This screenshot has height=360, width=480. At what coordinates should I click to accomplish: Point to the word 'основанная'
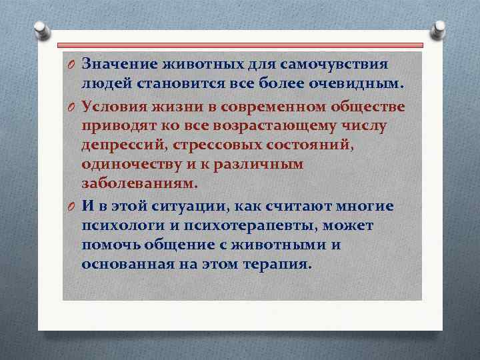(x=120, y=264)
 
